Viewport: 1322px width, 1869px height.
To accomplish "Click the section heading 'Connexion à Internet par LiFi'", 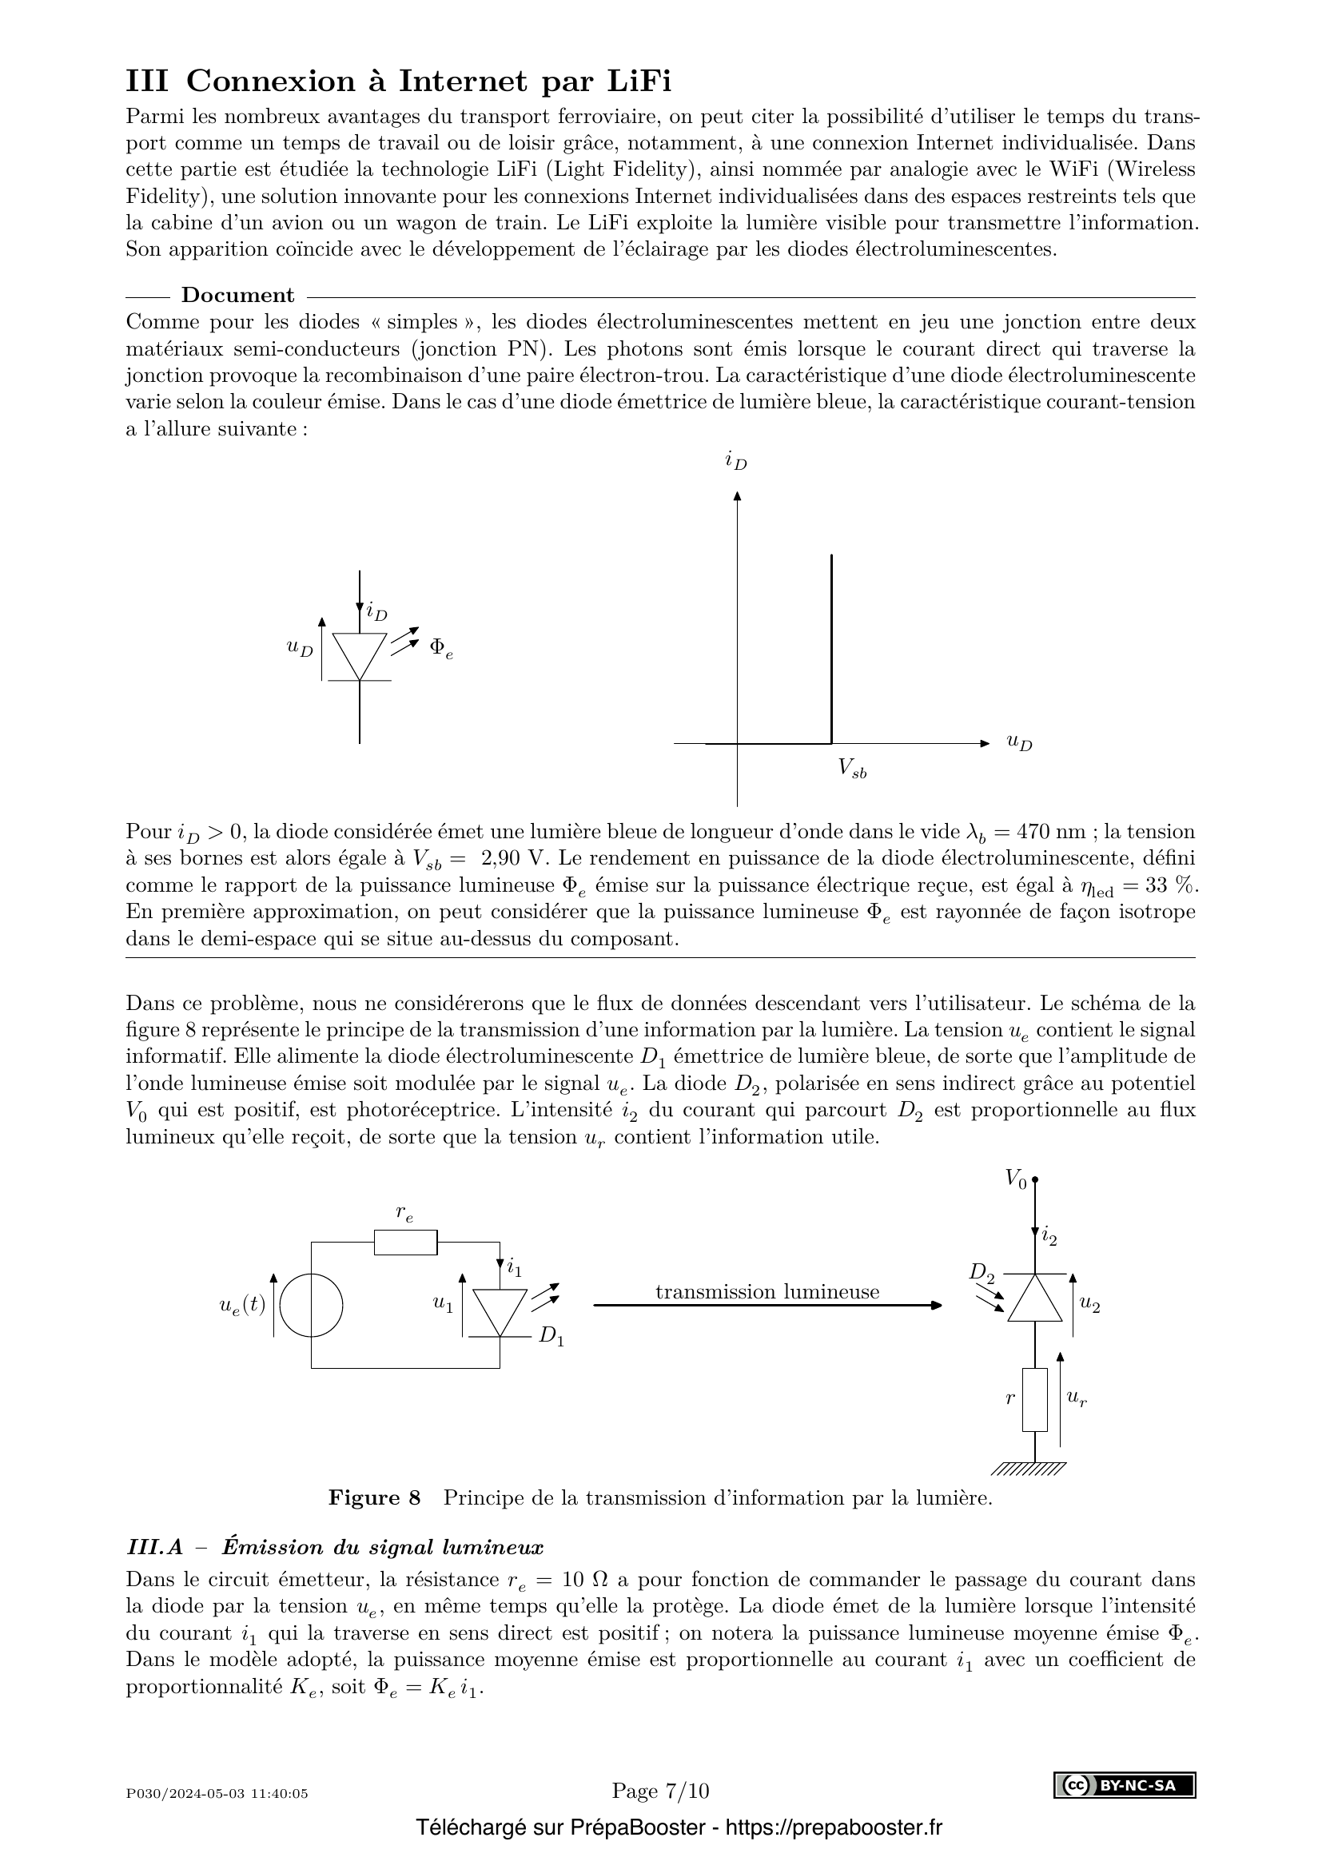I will [428, 82].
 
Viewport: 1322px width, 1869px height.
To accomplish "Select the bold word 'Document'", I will [237, 295].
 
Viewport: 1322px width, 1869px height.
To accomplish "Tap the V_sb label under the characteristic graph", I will [852, 768].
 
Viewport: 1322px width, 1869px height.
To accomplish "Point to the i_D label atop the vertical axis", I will [736, 462].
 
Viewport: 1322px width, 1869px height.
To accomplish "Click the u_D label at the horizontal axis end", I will [1019, 742].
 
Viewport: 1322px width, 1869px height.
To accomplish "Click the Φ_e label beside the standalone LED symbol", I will [440, 648].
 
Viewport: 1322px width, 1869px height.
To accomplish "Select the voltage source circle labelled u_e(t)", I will [312, 1305].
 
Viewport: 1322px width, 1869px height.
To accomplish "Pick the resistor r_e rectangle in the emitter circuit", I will [405, 1243].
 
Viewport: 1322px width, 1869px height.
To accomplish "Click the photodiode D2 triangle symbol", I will [1034, 1299].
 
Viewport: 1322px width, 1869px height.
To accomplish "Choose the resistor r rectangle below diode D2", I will [1034, 1399].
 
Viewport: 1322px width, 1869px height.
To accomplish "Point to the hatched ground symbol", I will [1030, 1469].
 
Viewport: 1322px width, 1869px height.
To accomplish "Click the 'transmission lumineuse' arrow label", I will [767, 1292].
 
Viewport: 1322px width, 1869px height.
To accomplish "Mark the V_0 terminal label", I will [1015, 1179].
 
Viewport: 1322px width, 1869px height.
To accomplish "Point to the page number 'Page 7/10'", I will [660, 1790].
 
